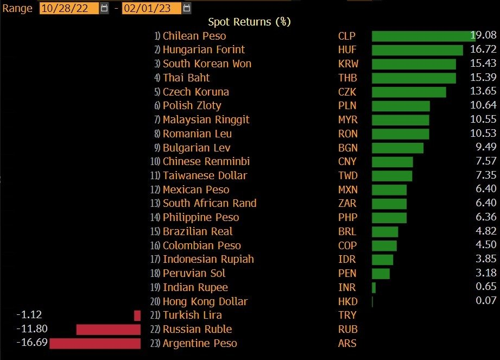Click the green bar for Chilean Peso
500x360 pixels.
(x=423, y=36)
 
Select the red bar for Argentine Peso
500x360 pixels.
(x=95, y=343)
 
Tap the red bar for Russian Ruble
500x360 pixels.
(x=109, y=330)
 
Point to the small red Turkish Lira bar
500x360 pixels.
(x=137, y=315)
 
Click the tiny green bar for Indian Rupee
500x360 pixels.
(x=374, y=288)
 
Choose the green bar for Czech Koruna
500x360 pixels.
(x=409, y=92)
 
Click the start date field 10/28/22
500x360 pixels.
(x=69, y=8)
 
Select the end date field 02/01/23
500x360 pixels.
(x=151, y=8)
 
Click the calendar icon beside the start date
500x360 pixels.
(x=104, y=8)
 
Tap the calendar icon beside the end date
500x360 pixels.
(x=187, y=8)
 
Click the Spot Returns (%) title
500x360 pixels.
(x=249, y=22)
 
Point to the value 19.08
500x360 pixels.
(x=483, y=35)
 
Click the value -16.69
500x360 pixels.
(x=32, y=343)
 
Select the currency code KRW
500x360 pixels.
(x=348, y=64)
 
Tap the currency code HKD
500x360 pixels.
(x=348, y=302)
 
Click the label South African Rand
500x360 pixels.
(x=210, y=203)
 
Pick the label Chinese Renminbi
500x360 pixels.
(x=206, y=161)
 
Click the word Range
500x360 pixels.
(x=17, y=9)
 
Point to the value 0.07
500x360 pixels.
(x=486, y=300)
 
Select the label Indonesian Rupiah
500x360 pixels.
(x=208, y=259)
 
